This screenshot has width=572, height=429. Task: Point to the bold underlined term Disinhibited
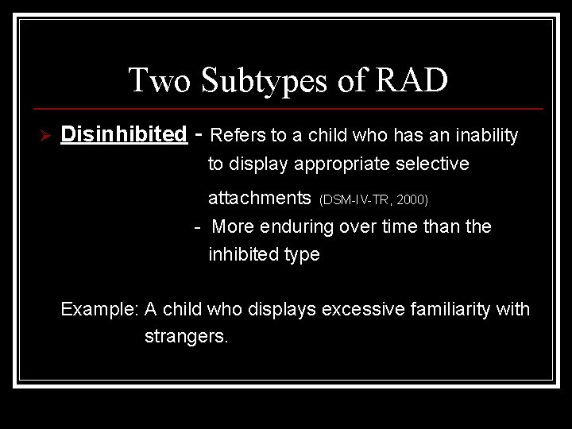click(x=123, y=135)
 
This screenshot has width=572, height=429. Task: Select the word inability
click(x=487, y=136)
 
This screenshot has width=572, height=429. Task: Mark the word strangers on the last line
click(x=186, y=336)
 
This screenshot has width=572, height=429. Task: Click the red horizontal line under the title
click(x=286, y=108)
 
